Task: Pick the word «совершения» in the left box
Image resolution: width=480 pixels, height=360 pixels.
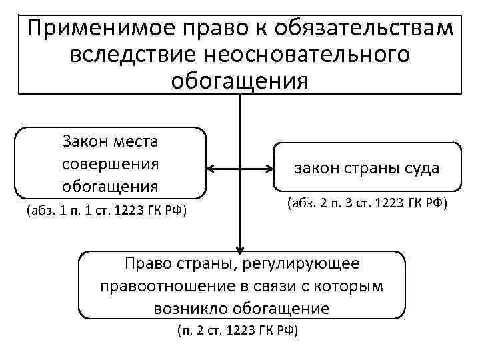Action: coord(110,163)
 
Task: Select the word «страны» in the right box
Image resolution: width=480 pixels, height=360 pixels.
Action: coord(369,168)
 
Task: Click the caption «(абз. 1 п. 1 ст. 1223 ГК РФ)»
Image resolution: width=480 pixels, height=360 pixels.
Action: coord(106,211)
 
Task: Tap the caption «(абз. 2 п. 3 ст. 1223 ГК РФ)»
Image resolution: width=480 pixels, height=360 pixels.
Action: coord(367,202)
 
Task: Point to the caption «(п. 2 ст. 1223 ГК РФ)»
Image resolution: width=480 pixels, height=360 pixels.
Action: coord(237,331)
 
